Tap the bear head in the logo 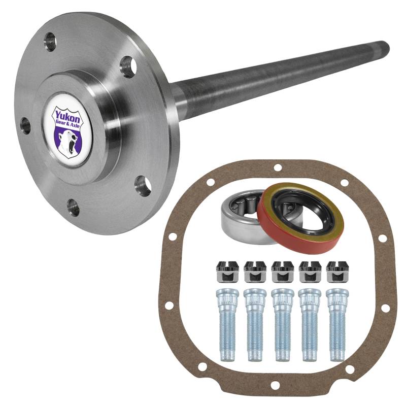tap(68, 141)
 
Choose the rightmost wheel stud tap(337, 325)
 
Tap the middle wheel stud tap(282, 325)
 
